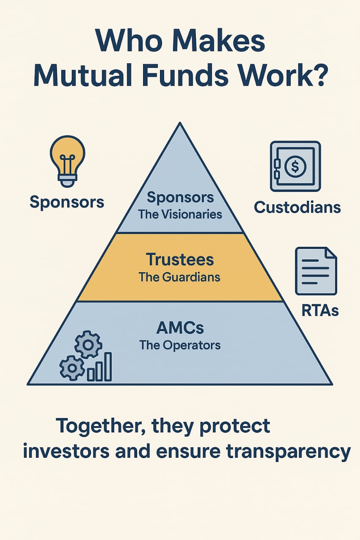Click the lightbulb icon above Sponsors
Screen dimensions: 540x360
68,161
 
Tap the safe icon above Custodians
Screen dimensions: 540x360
295,166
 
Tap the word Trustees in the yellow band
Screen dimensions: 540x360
180,259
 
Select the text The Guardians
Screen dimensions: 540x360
180,277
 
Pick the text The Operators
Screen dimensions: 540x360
180,345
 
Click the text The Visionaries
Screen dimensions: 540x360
180,214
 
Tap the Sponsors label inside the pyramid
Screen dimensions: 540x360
180,197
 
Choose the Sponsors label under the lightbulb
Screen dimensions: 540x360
67,202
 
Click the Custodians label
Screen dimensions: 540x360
298,207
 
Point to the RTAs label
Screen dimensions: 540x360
320,310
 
